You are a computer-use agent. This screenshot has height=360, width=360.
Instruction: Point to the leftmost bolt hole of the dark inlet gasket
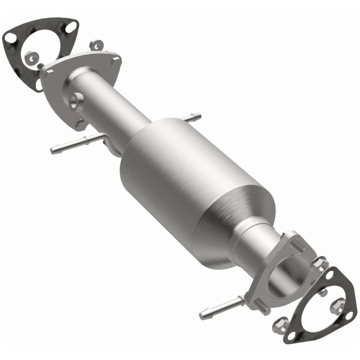click(x=10, y=37)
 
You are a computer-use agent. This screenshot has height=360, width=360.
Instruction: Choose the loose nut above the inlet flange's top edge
click(x=95, y=45)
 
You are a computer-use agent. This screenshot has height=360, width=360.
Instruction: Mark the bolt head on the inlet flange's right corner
click(x=116, y=61)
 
